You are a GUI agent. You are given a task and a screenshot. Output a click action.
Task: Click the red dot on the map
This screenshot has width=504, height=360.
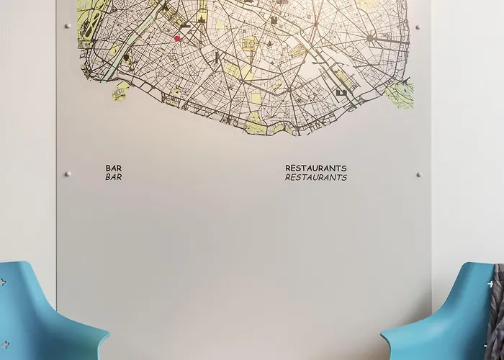click(177, 38)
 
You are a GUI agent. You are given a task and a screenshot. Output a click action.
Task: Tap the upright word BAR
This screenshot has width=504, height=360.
click(114, 168)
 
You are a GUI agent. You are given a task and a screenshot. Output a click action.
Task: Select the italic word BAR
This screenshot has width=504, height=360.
click(114, 177)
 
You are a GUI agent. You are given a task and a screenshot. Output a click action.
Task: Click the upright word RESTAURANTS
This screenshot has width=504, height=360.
click(315, 168)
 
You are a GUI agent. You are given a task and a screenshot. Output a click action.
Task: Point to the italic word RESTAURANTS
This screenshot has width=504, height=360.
click(315, 177)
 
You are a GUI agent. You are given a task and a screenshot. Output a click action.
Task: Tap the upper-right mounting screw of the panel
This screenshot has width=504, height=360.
click(418, 27)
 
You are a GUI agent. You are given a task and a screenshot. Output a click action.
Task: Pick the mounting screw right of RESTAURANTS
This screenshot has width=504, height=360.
click(418, 174)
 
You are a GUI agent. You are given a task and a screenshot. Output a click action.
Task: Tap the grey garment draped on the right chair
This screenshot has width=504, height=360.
click(497, 310)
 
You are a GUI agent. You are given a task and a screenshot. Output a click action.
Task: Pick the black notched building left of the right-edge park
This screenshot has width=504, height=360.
click(341, 92)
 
